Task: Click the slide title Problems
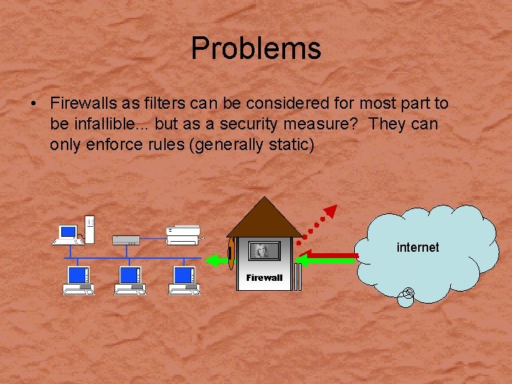point(256,48)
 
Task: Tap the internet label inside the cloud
point(417,247)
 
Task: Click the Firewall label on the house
point(265,278)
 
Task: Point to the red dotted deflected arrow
point(317,223)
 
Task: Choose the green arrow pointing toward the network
point(216,261)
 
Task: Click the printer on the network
point(183,232)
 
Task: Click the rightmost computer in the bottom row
point(183,279)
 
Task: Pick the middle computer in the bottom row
point(130,279)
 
